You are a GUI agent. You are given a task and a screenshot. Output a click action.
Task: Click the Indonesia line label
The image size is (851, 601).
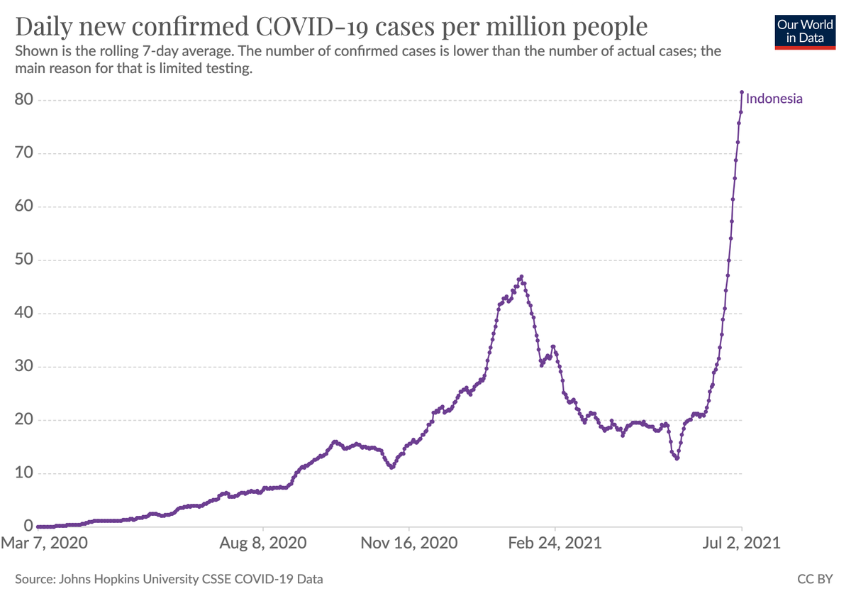coord(774,99)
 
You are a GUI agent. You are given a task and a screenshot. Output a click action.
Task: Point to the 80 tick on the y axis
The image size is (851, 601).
coord(24,100)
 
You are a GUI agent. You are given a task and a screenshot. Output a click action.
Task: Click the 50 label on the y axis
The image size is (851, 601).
coord(24,260)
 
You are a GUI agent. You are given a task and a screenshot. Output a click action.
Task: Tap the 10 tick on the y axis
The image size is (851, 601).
coord(24,473)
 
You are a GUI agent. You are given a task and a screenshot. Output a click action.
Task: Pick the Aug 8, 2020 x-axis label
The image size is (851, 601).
coord(263,544)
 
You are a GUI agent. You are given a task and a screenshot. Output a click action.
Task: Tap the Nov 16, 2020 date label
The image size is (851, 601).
coord(410,544)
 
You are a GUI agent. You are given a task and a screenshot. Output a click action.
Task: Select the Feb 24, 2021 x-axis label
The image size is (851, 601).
coord(555,544)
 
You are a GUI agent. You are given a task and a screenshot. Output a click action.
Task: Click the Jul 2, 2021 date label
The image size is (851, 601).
coord(742,544)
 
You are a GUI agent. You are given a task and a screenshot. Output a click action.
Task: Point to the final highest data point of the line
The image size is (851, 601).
coord(742,92)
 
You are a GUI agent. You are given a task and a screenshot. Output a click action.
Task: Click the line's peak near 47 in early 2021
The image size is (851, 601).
coord(521,277)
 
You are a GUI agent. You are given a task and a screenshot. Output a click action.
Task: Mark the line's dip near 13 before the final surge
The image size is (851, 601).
coord(677,458)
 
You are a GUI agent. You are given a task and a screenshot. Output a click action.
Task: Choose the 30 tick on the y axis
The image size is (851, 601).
coord(24,367)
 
